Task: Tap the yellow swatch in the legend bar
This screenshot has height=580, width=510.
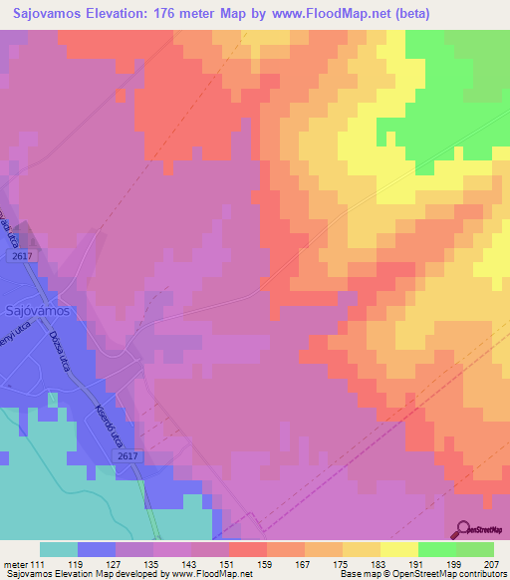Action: (x=398, y=549)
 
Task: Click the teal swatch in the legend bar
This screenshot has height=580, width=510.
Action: (x=59, y=549)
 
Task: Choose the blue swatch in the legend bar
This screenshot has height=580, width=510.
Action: (x=97, y=549)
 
